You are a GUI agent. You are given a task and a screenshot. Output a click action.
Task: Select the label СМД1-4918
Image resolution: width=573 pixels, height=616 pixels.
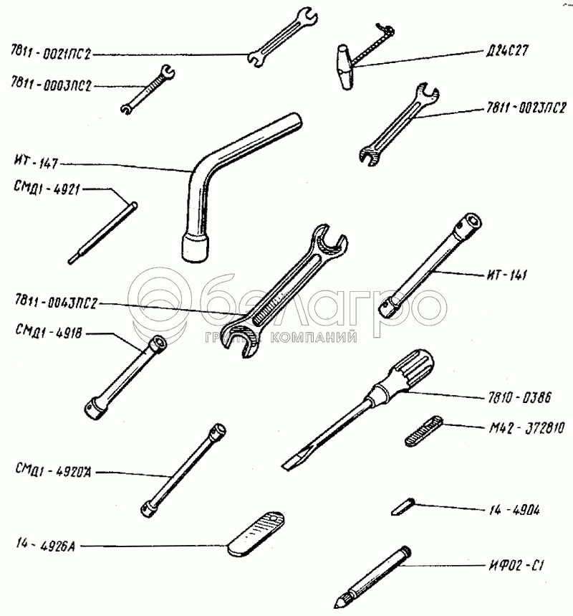pos(44,331)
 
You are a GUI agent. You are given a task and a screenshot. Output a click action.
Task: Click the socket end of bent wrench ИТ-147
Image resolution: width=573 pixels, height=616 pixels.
pos(194,247)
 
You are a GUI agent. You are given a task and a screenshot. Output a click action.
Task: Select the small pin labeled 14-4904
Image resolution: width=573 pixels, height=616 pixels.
pos(401,506)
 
